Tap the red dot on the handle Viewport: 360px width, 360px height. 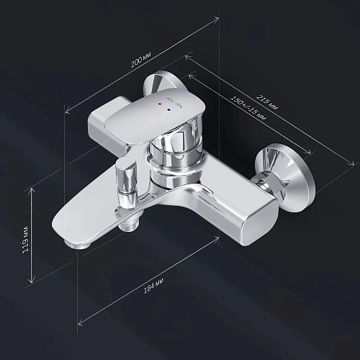[159, 104]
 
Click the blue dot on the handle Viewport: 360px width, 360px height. [169, 110]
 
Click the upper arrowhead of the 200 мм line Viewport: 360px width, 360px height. [217, 21]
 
